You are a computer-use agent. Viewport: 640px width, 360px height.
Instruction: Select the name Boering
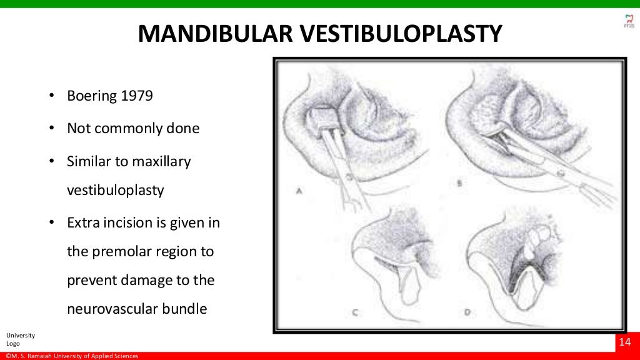point(92,97)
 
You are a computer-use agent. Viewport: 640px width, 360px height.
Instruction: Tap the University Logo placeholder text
point(21,339)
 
